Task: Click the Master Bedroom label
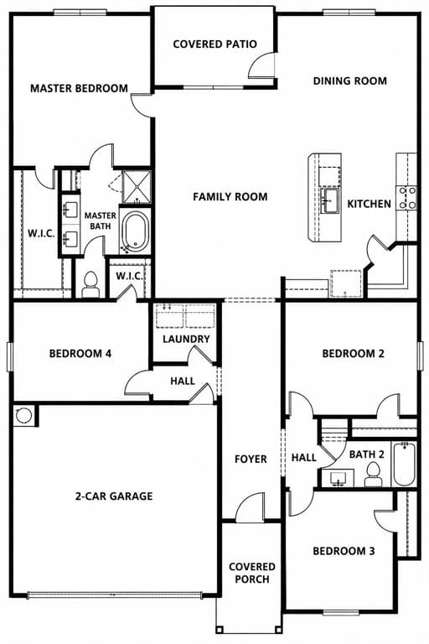pos(80,88)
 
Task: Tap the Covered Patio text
pos(215,44)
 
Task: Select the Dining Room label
pos(350,80)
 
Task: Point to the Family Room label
pos(230,197)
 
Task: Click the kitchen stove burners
pos(406,197)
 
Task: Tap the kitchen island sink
pos(329,200)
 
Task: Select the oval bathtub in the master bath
pos(136,231)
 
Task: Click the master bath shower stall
pos(137,187)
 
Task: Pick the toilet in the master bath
pos(90,283)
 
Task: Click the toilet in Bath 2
pos(373,474)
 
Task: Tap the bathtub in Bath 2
pos(405,464)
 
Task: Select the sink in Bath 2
pos(339,479)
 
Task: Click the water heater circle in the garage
pos(23,415)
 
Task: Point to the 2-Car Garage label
pos(114,496)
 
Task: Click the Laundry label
pos(186,340)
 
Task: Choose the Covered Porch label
pos(251,573)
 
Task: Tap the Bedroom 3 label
pos(344,551)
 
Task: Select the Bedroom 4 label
pos(80,354)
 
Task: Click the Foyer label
pos(251,460)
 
